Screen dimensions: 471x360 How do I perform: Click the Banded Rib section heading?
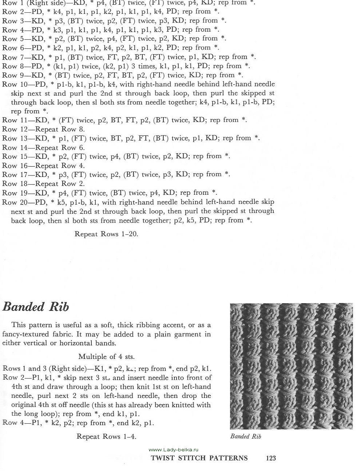coord(36,307)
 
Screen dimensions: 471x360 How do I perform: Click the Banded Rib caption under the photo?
coord(246,436)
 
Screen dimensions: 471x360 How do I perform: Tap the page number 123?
coord(271,458)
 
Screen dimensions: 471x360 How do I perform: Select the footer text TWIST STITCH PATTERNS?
coord(199,458)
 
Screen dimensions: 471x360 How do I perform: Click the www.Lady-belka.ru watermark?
coord(174,450)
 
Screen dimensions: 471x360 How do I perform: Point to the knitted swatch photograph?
coord(291,366)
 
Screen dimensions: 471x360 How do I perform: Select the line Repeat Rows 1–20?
coord(106,234)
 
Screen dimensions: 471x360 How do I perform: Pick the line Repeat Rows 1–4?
coord(106,436)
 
